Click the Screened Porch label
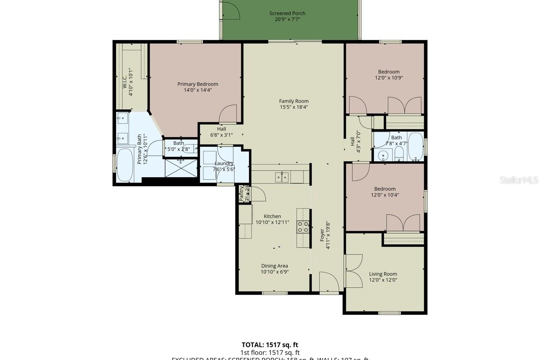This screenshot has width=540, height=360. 287,14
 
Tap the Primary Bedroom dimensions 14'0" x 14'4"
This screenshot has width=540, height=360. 197,90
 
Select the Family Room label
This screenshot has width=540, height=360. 294,101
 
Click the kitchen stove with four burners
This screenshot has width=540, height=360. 303,227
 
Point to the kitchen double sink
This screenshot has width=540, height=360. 282,177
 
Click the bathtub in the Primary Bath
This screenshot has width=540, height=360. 124,165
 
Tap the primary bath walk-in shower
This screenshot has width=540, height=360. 181,167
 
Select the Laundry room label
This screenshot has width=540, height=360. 224,163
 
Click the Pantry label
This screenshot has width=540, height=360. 241,193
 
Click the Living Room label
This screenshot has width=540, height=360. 383,274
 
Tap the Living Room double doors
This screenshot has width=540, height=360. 354,271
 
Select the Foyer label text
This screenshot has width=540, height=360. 322,235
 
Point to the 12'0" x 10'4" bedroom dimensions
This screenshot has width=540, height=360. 385,195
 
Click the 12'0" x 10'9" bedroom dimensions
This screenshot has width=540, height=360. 389,78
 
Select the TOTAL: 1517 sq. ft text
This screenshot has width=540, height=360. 270,345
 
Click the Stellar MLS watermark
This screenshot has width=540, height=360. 519,180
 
